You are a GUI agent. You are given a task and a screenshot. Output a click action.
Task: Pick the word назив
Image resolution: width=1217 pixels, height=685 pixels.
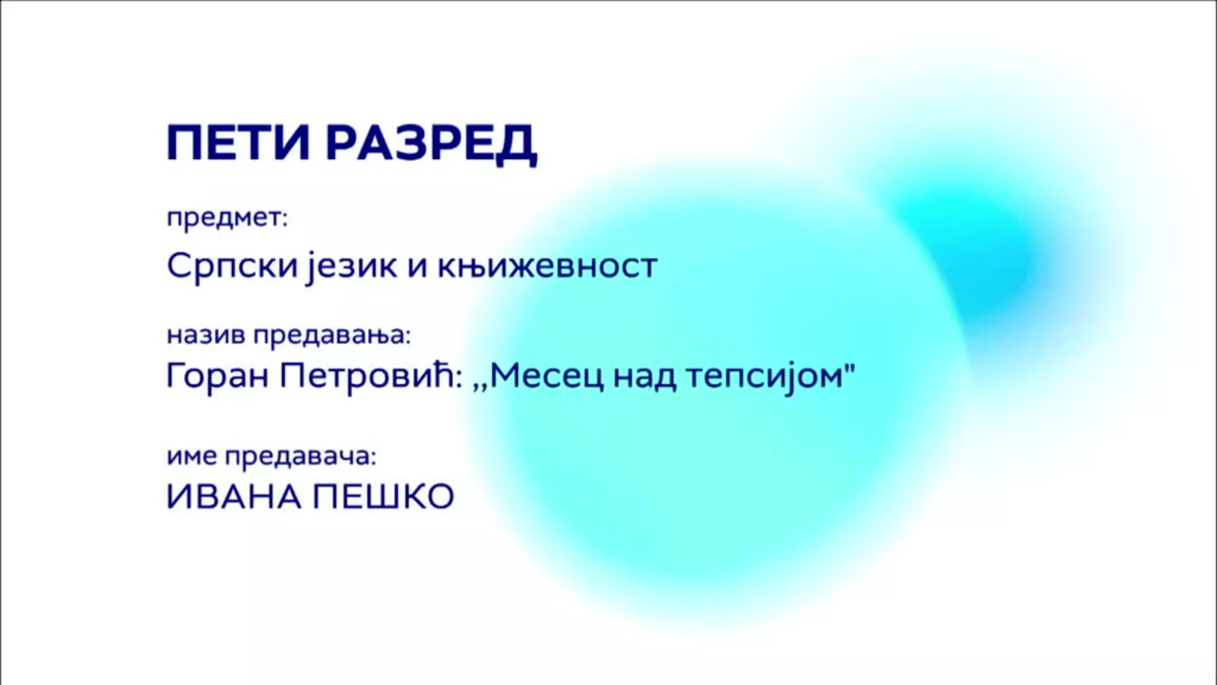click(x=206, y=335)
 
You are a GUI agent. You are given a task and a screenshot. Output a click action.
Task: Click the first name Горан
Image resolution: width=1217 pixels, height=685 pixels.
click(x=219, y=376)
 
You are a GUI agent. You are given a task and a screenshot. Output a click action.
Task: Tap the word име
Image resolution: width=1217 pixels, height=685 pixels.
click(x=192, y=456)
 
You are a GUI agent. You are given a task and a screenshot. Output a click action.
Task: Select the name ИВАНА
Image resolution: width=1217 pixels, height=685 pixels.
click(x=233, y=497)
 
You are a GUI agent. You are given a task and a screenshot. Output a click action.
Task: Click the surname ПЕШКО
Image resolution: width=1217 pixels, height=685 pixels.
click(x=383, y=497)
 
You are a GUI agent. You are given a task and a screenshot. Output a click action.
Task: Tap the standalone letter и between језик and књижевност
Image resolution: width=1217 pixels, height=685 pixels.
click(x=415, y=266)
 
